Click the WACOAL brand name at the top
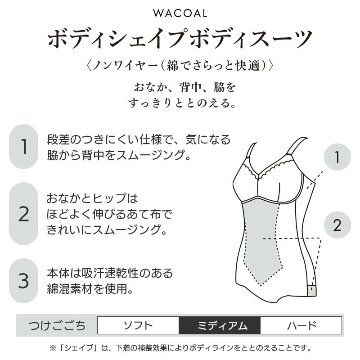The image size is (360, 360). click(180, 13)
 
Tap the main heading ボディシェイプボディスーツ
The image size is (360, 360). click(180, 38)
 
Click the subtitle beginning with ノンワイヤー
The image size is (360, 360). click(180, 65)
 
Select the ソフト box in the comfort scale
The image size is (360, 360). click(138, 325)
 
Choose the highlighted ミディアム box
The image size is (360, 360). click(220, 325)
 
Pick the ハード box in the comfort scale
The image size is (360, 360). click(301, 325)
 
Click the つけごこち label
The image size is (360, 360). click(57, 325)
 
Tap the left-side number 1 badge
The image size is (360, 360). click(23, 147)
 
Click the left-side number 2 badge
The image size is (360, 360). click(23, 214)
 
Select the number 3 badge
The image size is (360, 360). click(23, 280)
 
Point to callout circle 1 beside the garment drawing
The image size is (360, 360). click(337, 157)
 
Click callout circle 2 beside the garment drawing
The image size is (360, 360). click(337, 225)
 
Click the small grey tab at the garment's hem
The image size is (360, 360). click(312, 291)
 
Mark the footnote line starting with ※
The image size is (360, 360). click(180, 348)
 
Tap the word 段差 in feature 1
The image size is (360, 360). click(58, 139)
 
